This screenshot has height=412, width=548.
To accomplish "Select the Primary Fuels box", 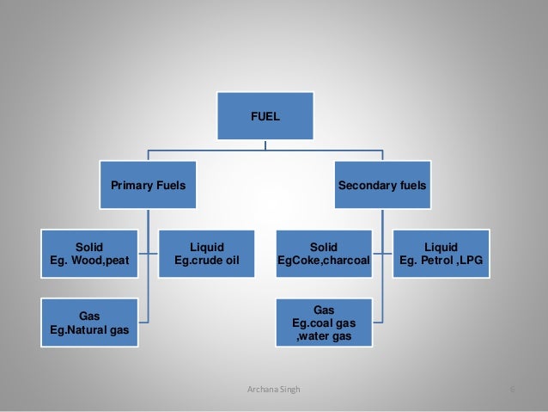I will (148, 184).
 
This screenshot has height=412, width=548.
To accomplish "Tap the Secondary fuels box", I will (382, 184).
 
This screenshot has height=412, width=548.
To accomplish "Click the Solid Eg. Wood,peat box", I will (89, 253).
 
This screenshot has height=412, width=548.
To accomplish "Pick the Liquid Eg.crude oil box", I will (206, 253).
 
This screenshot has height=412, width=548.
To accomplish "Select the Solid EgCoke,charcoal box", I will (323, 253).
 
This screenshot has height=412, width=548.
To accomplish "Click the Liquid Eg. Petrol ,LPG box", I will (441, 253).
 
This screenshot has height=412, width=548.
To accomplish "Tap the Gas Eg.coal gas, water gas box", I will (323, 321).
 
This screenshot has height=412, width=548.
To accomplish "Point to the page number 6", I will (511, 390).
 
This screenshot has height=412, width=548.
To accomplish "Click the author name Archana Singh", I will (273, 390).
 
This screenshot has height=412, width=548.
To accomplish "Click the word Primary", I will (131, 184).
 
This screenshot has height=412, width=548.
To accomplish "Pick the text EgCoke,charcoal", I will (323, 260).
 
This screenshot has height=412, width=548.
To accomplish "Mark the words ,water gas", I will (323, 335).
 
